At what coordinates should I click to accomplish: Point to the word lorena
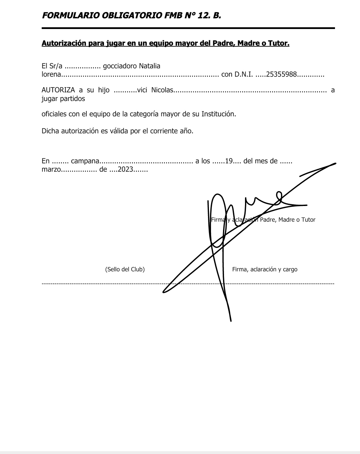pyautogui.click(x=51, y=75)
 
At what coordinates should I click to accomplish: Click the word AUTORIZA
pyautogui.click(x=58, y=90)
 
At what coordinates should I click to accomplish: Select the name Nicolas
pyautogui.click(x=162, y=90)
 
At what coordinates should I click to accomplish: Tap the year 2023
pyautogui.click(x=125, y=169)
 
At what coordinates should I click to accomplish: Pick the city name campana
pyautogui.click(x=85, y=161)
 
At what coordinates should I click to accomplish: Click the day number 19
pyautogui.click(x=229, y=161)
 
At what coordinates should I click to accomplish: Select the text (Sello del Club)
pyautogui.click(x=125, y=269)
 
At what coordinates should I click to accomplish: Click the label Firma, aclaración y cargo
pyautogui.click(x=265, y=269)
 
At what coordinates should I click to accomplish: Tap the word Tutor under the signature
pyautogui.click(x=308, y=220)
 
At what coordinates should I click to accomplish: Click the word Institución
pyautogui.click(x=219, y=114)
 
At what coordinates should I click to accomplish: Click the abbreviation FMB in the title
pyautogui.click(x=171, y=15)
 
